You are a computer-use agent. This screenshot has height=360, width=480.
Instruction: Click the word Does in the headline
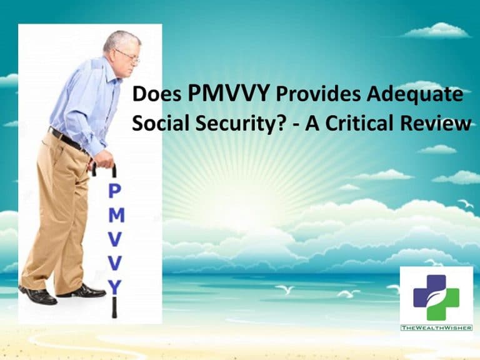[x=157, y=94]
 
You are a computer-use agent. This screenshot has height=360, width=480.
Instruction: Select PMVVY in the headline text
[x=229, y=93]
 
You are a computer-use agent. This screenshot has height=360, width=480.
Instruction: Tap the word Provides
[x=318, y=94]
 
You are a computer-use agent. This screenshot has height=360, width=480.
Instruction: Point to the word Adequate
[x=415, y=95]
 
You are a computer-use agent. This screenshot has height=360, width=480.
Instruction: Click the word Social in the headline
[x=161, y=123]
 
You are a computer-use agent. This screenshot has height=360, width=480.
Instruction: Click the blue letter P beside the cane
[x=115, y=191]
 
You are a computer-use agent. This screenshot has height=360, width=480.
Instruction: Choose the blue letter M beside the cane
[x=117, y=215]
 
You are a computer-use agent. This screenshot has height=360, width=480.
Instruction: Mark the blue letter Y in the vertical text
[x=115, y=287]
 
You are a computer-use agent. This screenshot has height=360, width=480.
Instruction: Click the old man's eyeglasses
[x=128, y=57]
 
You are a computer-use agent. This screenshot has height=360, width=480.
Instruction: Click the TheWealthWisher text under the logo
[x=436, y=328]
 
